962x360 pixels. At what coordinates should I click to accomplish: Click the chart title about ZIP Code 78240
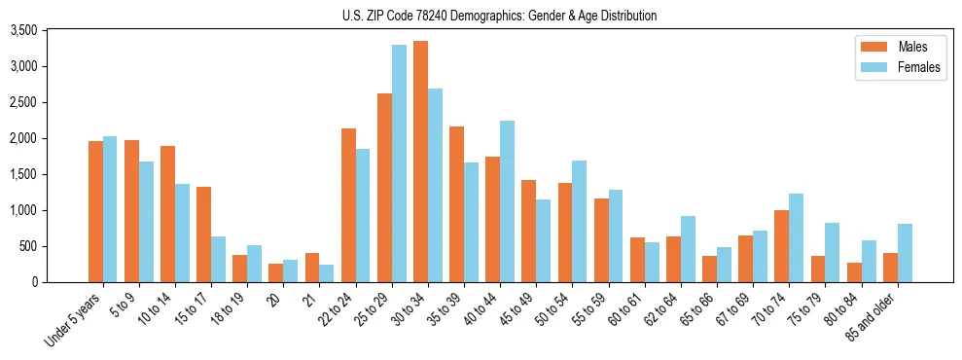(x=500, y=16)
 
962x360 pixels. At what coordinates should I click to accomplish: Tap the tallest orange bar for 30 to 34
(x=420, y=162)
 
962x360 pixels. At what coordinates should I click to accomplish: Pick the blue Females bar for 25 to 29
(x=399, y=163)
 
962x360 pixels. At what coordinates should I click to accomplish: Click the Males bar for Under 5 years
(x=95, y=211)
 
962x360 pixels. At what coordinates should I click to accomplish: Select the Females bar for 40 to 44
(x=507, y=201)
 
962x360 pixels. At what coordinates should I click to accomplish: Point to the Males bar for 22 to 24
(x=348, y=205)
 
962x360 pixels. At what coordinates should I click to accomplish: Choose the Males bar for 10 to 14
(x=167, y=214)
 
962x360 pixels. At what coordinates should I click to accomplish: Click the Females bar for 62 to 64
(x=688, y=249)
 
